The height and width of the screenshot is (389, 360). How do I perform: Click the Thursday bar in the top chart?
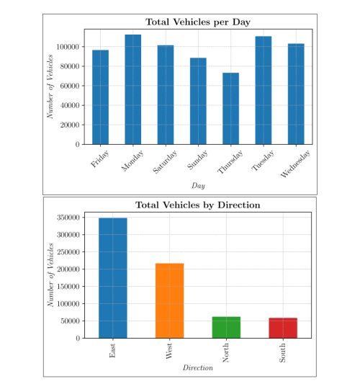pyautogui.click(x=230, y=108)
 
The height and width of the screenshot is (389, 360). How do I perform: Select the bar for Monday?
pyautogui.click(x=133, y=89)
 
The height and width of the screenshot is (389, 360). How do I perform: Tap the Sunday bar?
pyautogui.click(x=198, y=101)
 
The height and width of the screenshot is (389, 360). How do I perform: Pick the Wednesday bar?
pyautogui.click(x=296, y=94)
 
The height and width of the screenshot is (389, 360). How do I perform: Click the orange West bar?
pyautogui.click(x=170, y=300)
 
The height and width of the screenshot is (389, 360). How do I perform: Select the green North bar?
pyautogui.click(x=226, y=327)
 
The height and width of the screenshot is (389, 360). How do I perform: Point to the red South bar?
pyautogui.click(x=283, y=328)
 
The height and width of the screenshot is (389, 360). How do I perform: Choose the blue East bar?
pyautogui.click(x=113, y=278)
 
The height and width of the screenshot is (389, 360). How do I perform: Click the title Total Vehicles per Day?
pyautogui.click(x=198, y=22)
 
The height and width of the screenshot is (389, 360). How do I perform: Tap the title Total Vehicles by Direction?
pyautogui.click(x=198, y=205)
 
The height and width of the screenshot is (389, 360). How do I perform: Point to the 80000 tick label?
pyautogui.click(x=70, y=66)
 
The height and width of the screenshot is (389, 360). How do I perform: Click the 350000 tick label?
pyautogui.click(x=68, y=218)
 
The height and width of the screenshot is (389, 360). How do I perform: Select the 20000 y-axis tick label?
pyautogui.click(x=70, y=125)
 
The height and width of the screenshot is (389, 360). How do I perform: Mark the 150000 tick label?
pyautogui.click(x=68, y=286)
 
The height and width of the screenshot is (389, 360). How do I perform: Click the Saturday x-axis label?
pyautogui.click(x=165, y=161)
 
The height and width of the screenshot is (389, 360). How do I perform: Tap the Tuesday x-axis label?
pyautogui.click(x=263, y=160)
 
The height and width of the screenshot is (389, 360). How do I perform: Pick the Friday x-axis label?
pyautogui.click(x=99, y=158)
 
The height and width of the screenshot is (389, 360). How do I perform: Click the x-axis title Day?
pyautogui.click(x=198, y=186)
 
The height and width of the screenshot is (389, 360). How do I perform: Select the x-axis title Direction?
pyautogui.click(x=198, y=367)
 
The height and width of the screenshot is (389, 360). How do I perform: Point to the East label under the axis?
pyautogui.click(x=112, y=350)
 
